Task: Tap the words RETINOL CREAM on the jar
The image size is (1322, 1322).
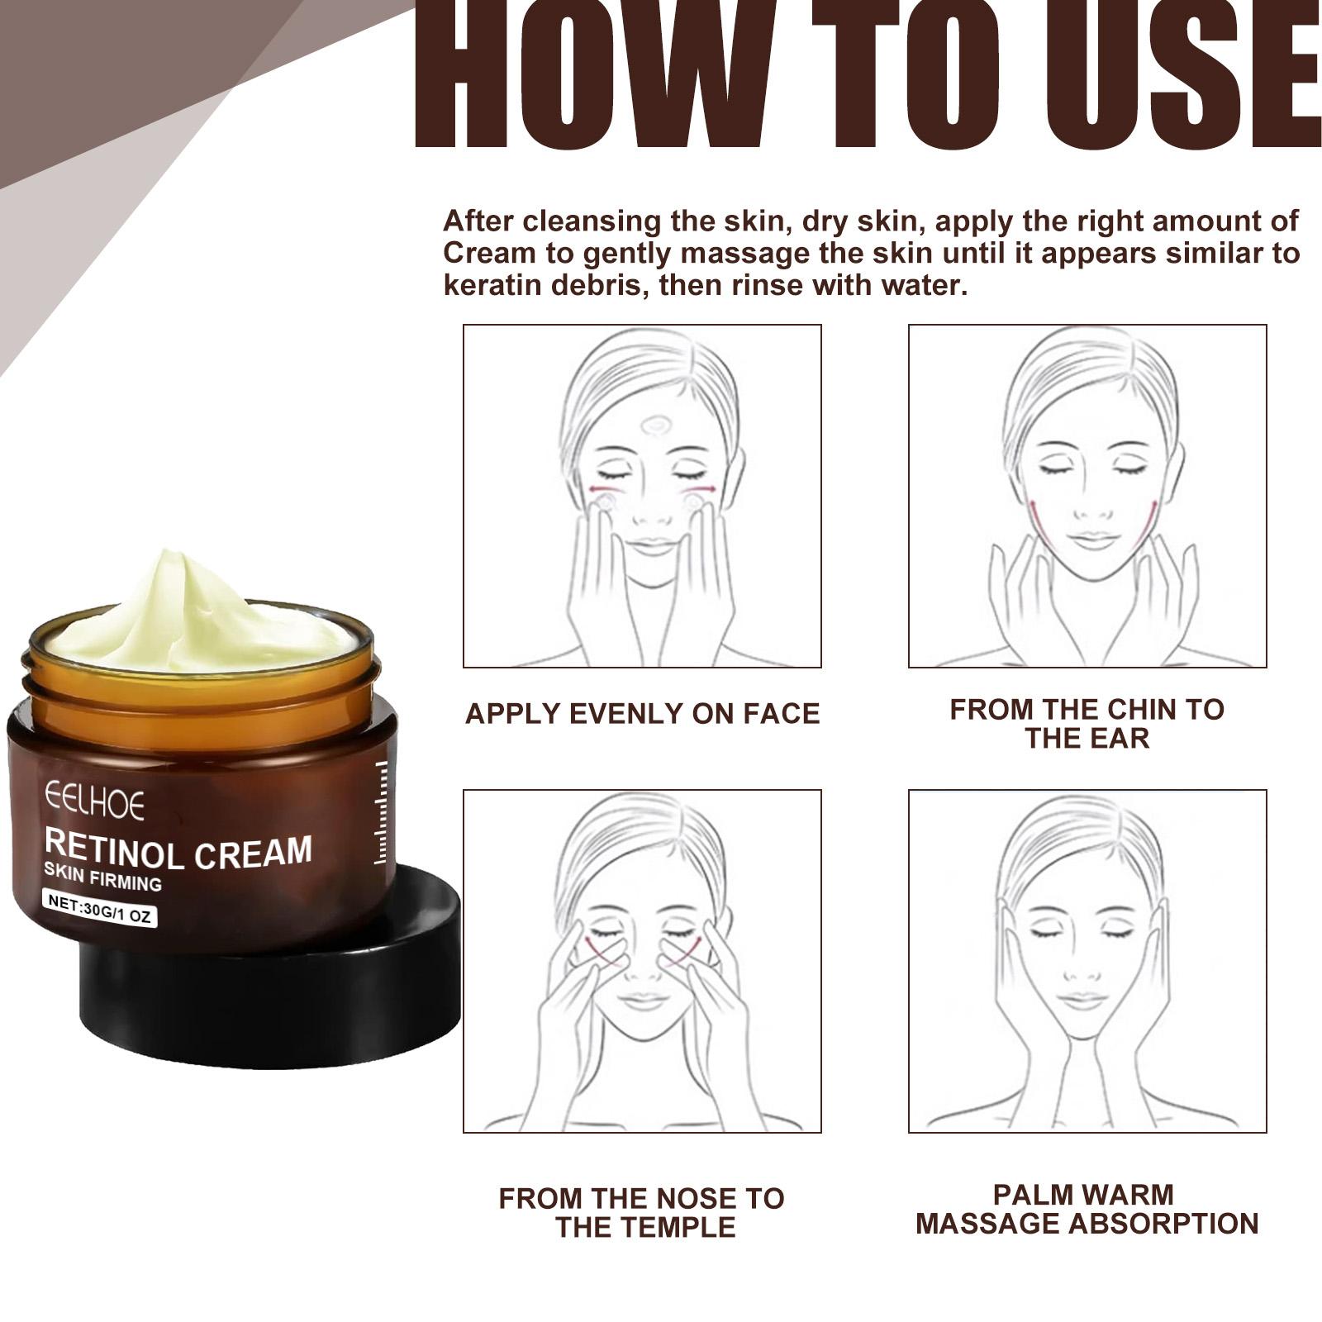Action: (178, 851)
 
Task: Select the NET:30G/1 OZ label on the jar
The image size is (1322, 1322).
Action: (98, 908)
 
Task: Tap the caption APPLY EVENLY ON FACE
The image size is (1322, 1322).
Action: (642, 713)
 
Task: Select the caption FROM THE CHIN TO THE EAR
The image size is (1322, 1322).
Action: (1087, 723)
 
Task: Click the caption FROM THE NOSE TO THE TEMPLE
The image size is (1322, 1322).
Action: (642, 1212)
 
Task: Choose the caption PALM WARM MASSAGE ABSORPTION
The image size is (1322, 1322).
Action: (1087, 1209)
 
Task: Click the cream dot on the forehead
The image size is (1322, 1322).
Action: (656, 426)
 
